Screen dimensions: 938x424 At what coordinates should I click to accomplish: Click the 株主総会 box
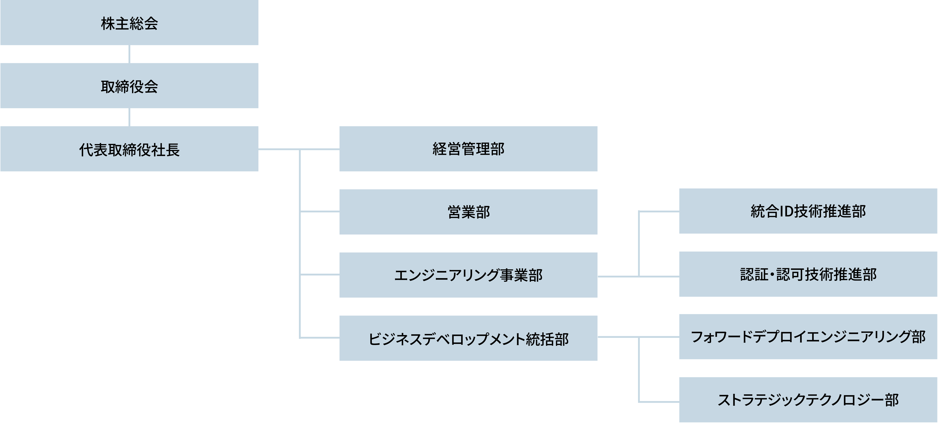pos(129,23)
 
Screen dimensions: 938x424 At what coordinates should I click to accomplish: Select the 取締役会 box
pos(129,86)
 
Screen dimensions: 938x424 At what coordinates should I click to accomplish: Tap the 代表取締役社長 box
pos(129,149)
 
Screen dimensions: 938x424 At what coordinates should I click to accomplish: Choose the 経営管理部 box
pos(468,149)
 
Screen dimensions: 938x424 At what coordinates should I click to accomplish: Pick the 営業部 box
pos(468,212)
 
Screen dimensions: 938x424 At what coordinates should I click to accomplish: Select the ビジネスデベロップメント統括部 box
pos(468,338)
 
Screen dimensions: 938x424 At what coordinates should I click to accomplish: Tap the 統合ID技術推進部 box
pos(808,211)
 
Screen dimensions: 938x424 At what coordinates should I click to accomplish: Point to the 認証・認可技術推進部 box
pos(808,274)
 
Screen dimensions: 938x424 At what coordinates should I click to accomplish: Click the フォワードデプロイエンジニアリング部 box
pos(808,337)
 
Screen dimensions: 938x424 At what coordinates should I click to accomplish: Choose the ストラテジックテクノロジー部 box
pos(808,400)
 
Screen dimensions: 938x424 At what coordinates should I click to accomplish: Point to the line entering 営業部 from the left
pos(319,211)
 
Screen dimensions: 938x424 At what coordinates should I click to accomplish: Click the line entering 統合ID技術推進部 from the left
pos(659,211)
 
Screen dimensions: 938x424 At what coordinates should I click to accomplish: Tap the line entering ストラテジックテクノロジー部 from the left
pos(659,402)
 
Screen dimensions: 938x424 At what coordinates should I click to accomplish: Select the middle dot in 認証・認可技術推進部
pos(772,274)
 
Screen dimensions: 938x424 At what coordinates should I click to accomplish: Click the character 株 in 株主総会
pos(108,24)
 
